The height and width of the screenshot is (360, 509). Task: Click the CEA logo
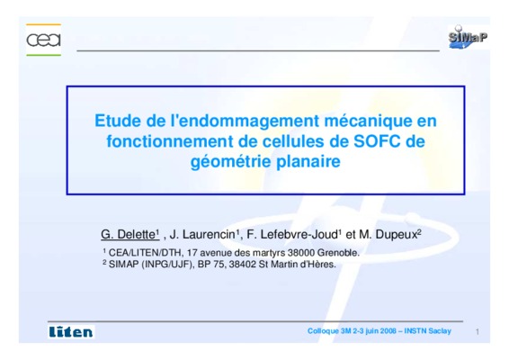tap(43, 40)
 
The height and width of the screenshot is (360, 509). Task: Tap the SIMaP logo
tap(468, 37)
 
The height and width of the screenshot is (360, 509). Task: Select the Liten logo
tap(71, 332)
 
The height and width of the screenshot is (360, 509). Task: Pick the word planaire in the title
tap(308, 161)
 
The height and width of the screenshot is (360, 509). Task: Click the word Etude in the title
tap(118, 121)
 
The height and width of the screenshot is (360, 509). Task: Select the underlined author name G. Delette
tap(129, 234)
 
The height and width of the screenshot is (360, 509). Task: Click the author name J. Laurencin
tap(202, 234)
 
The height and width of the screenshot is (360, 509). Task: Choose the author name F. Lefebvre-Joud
tap(292, 234)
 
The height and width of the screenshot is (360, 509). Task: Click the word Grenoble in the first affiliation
tap(338, 253)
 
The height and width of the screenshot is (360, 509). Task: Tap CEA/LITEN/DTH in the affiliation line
tap(145, 253)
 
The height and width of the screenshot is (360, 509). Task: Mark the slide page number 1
tap(478, 332)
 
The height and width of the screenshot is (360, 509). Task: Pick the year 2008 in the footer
tap(388, 331)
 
